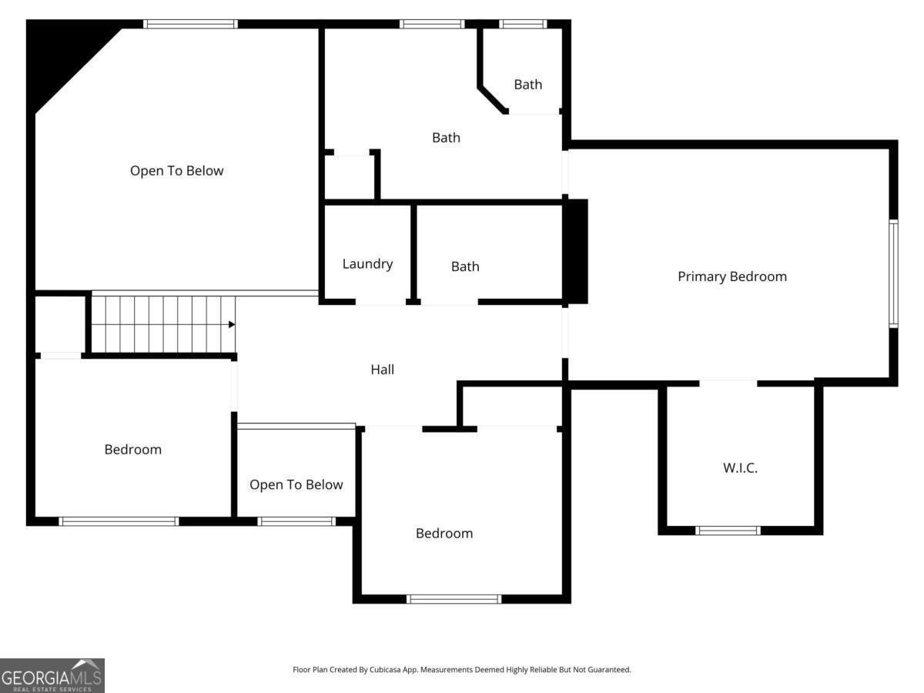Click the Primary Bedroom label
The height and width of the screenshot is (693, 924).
[x=732, y=276]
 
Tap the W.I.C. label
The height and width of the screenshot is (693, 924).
[x=740, y=467]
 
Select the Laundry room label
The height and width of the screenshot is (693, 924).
[x=367, y=264]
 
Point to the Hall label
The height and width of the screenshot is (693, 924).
[x=382, y=370]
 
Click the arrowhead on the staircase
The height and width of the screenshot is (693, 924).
[x=232, y=324]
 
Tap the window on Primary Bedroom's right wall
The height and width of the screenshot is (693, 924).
[x=893, y=273]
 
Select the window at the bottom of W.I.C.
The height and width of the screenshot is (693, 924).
[x=728, y=531]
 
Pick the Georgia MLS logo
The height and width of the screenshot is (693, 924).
[x=52, y=676]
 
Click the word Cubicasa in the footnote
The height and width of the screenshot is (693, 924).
[x=385, y=669]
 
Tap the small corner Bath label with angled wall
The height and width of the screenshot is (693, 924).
[x=528, y=85]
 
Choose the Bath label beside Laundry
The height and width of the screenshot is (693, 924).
[x=465, y=266]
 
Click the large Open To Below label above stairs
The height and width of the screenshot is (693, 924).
[x=177, y=171]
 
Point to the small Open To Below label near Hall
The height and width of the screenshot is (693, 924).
[x=296, y=484]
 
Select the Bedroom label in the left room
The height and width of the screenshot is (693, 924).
[x=133, y=450]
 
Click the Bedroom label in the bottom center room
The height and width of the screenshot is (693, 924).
[x=444, y=533]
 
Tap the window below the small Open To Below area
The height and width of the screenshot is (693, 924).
[x=296, y=521]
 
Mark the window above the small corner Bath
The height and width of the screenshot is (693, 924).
[x=524, y=24]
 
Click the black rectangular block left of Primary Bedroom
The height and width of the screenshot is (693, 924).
[x=577, y=252]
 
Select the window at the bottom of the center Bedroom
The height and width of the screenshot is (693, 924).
[x=454, y=599]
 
